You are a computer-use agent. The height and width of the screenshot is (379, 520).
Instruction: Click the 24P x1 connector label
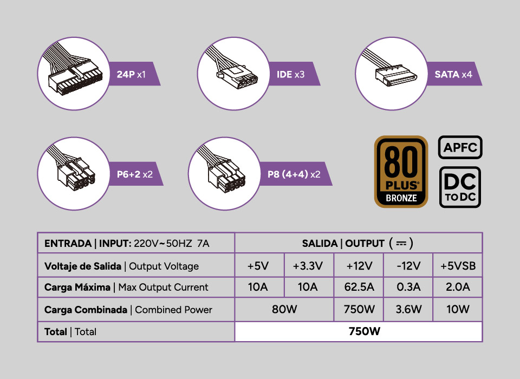coord(131,74)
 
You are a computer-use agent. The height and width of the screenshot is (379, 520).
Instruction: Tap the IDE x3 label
coord(291,74)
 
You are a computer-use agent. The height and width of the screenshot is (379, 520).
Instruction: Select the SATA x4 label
coord(453,74)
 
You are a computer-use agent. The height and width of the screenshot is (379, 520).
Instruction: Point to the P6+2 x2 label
coord(134,175)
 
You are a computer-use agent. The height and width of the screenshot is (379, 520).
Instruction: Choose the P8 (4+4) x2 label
coord(294,175)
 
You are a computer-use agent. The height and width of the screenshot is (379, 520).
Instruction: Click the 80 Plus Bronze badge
coord(401,172)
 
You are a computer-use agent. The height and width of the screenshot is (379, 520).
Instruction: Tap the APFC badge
coord(459,147)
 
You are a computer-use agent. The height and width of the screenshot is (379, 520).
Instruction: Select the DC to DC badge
coord(459,187)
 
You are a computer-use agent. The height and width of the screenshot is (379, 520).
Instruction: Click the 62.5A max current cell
coord(359,287)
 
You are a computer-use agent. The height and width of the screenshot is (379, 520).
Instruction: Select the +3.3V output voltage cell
coord(308,266)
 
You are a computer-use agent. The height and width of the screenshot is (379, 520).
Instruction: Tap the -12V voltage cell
coord(408,266)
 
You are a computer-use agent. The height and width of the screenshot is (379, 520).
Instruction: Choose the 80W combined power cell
coord(284,310)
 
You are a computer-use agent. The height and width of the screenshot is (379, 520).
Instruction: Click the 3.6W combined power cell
coord(408,310)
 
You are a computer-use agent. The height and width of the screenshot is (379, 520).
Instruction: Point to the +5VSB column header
coord(458,266)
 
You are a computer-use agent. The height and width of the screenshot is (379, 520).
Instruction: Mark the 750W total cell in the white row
coord(358,331)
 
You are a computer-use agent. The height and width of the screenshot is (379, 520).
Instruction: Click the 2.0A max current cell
coord(458,287)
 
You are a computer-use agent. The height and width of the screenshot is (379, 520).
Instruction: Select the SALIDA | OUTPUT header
coord(358,243)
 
